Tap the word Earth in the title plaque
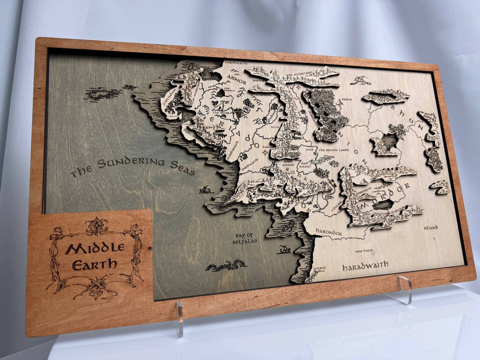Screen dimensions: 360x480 click(94, 264)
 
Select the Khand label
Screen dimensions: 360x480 click(431, 228)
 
